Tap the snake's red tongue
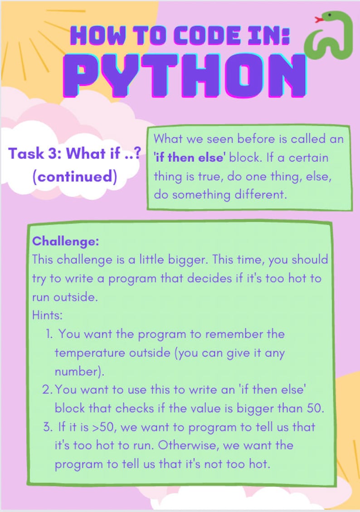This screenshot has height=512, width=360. pyautogui.click(x=318, y=19)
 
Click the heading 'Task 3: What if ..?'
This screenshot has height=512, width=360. pyautogui.click(x=74, y=154)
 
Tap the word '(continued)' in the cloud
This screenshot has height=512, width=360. pyautogui.click(x=74, y=176)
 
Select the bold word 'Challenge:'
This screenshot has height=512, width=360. pyautogui.click(x=65, y=241)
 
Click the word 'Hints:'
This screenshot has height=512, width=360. pyautogui.click(x=47, y=315)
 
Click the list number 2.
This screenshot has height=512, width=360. pyautogui.click(x=48, y=389)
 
